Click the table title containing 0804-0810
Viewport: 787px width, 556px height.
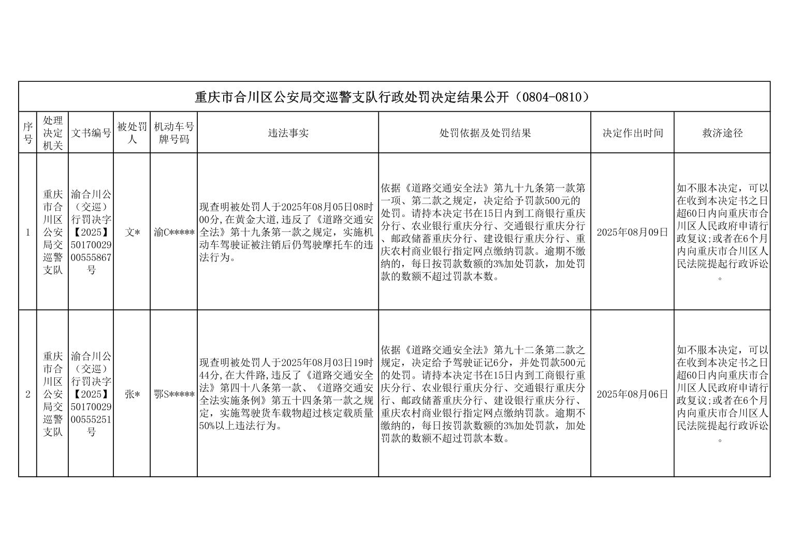(393, 97)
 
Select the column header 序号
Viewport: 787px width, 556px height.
(28, 133)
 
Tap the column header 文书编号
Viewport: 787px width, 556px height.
(91, 133)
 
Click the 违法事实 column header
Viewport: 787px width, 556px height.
(288, 133)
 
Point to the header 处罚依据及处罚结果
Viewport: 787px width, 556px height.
(485, 133)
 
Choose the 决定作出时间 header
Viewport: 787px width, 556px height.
(632, 133)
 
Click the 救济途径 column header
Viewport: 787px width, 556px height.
(722, 133)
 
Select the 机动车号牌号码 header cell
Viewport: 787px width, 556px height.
(174, 133)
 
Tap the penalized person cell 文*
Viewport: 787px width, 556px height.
(132, 232)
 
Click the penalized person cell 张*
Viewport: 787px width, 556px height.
(132, 394)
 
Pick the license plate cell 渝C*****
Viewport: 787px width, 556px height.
(174, 232)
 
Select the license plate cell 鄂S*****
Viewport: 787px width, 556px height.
(174, 394)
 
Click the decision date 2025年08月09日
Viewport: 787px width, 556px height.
(632, 232)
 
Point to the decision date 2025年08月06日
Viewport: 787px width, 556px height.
(632, 394)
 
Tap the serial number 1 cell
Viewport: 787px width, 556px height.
(28, 232)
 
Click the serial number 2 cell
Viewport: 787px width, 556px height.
(28, 394)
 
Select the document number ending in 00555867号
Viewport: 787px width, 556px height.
(91, 232)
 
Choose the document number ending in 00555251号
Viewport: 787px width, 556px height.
(91, 394)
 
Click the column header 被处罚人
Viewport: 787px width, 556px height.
(132, 133)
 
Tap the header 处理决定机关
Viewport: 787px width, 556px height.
(53, 133)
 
